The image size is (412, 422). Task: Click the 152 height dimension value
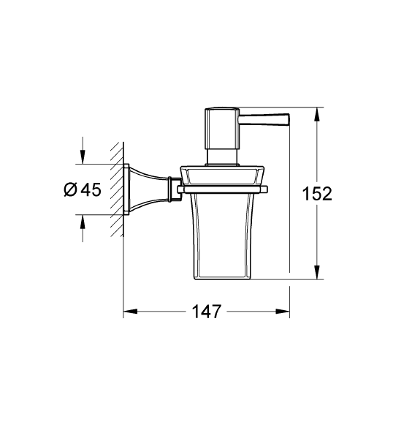[317, 194]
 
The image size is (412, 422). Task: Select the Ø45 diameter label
[81, 189]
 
